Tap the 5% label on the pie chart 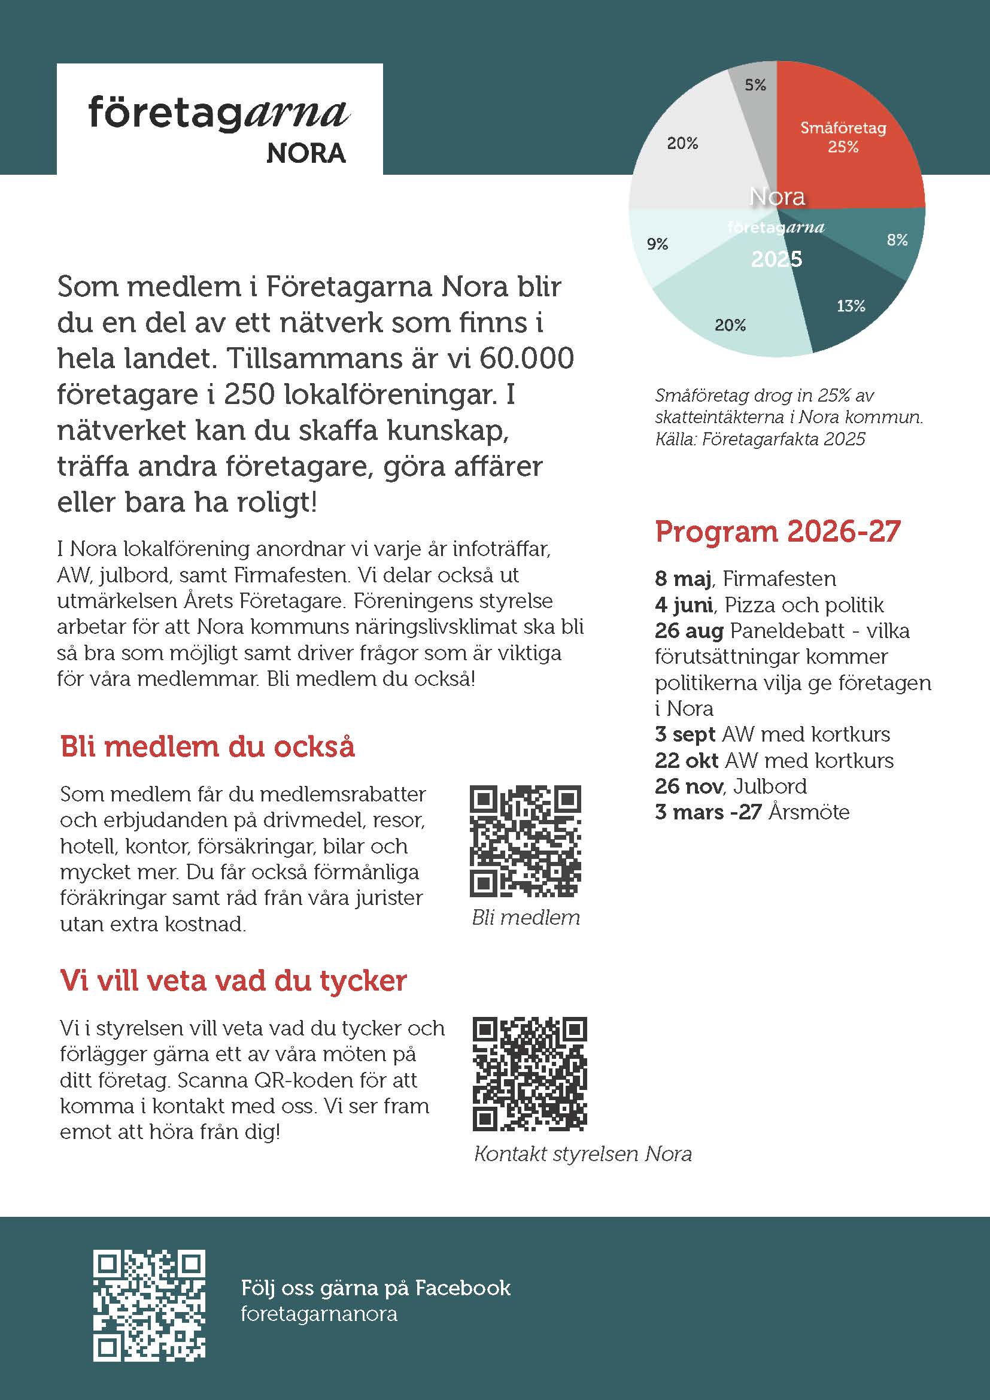point(755,85)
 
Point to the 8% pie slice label point(897,239)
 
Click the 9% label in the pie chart point(657,244)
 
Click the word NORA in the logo point(306,154)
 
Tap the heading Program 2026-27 point(778,531)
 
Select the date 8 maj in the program point(683,578)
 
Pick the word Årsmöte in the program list point(809,812)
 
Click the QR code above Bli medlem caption point(526,841)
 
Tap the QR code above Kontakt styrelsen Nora point(529,1073)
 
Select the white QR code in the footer point(150,1304)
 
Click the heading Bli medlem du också point(207,746)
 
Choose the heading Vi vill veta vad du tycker point(233,980)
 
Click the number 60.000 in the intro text point(526,358)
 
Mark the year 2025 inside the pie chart point(777,259)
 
